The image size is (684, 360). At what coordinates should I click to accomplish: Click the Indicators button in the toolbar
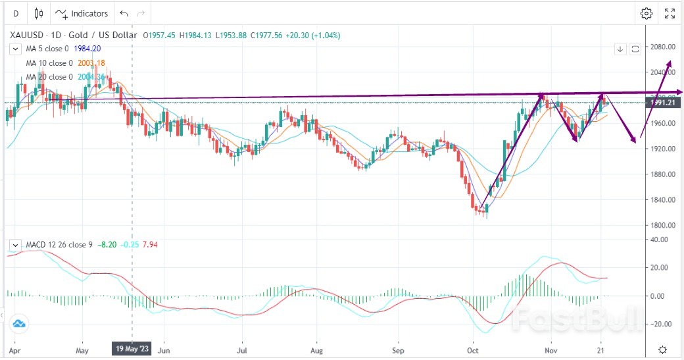click(82, 13)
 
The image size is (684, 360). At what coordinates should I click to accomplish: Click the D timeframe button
click(16, 13)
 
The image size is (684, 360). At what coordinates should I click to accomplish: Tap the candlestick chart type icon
click(39, 13)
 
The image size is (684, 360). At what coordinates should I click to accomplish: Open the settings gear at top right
click(647, 13)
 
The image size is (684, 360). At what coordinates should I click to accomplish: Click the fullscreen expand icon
click(670, 13)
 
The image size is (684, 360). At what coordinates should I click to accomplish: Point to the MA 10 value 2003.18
click(91, 63)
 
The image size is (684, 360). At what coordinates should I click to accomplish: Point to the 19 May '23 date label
click(133, 349)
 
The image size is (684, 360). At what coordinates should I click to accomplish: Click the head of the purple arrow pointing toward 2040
click(670, 61)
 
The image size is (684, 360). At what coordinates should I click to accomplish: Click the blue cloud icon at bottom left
click(18, 324)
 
